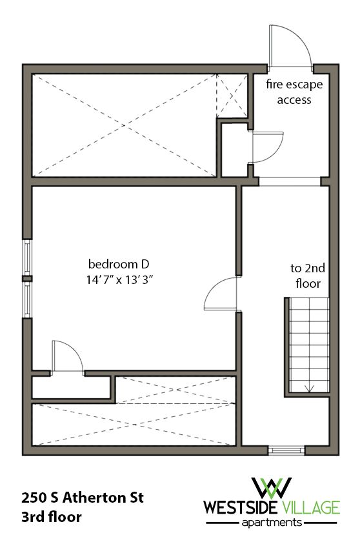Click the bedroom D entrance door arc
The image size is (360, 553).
point(221,295)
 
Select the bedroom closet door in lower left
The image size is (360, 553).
point(66,356)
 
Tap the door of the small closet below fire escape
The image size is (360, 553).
point(265,148)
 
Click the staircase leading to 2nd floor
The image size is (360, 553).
point(307,345)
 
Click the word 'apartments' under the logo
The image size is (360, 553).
point(272,522)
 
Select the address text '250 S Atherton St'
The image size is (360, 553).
point(82,498)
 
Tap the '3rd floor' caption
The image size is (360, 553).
point(52,517)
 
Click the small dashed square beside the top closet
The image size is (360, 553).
point(232,95)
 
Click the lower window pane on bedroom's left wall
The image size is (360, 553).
point(27,299)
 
